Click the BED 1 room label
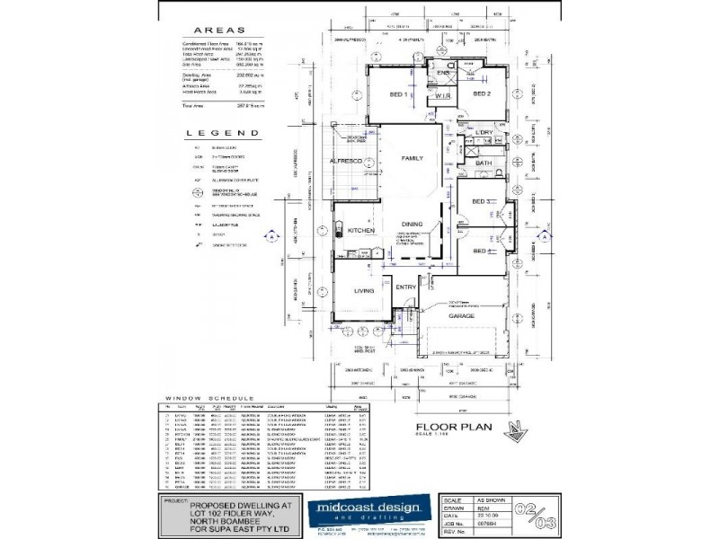399,94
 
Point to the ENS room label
441,72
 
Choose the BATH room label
483,163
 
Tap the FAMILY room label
412,158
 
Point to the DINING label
412,225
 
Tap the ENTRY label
407,287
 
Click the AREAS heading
209,29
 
